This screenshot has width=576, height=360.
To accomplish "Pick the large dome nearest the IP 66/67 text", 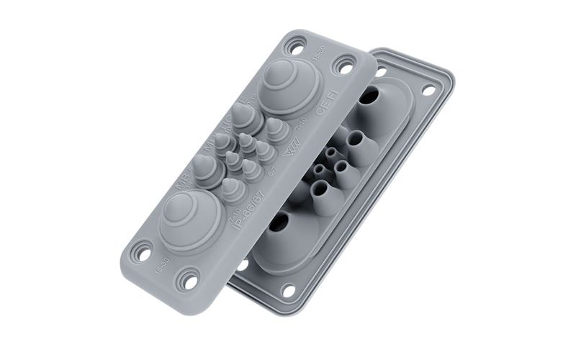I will click(190, 218).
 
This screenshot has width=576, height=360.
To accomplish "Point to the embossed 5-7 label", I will click(271, 171).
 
